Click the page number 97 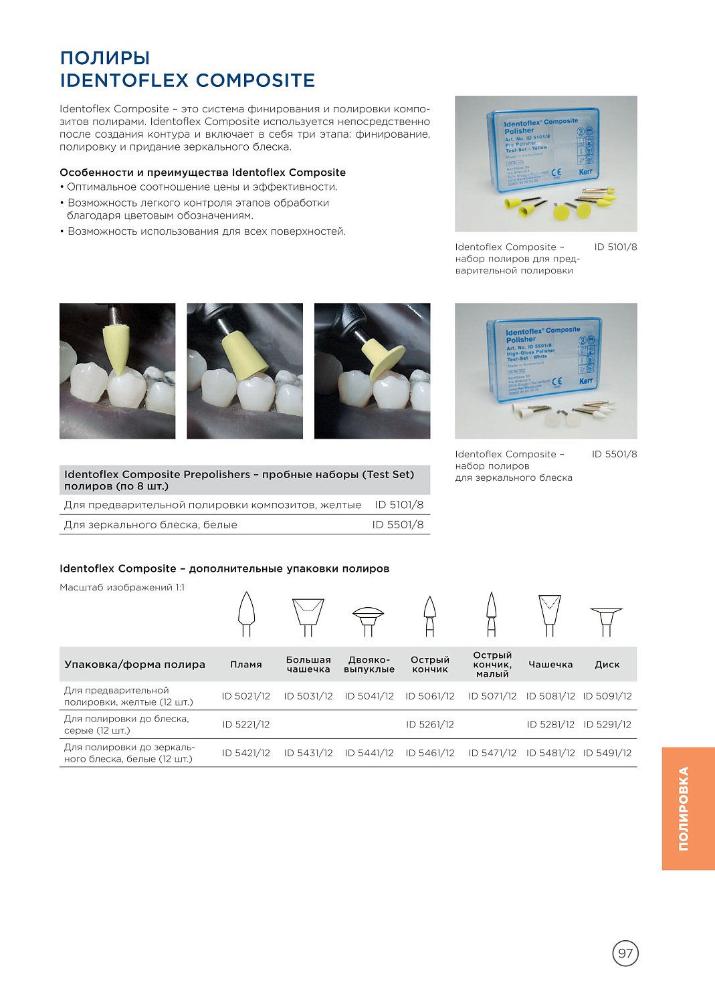click(625, 953)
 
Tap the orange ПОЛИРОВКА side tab click(688, 808)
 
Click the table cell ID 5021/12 click(246, 696)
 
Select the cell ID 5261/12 click(429, 724)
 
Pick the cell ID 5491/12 click(607, 753)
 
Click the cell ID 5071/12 click(492, 696)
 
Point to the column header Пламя click(246, 665)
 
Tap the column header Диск click(607, 665)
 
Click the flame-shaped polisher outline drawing click(246, 613)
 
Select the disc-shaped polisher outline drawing click(606, 620)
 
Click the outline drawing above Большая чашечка click(308, 616)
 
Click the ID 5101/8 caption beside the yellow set click(615, 247)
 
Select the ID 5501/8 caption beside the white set click(614, 454)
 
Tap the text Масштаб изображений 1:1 click(122, 587)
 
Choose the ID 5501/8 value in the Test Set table click(398, 525)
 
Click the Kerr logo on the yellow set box click(585, 172)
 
